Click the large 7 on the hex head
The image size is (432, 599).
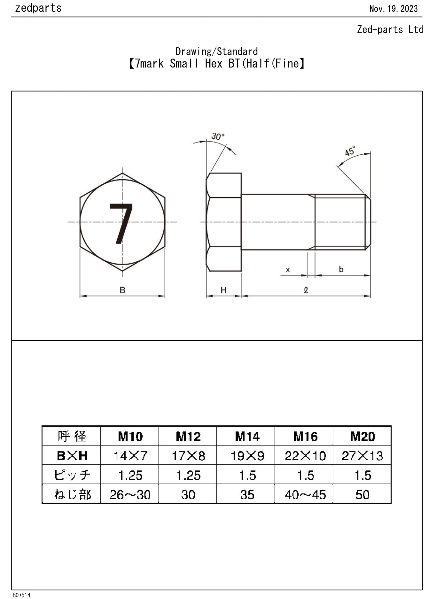coord(121,223)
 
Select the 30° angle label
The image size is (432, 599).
coord(218,137)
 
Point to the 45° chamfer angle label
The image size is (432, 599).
coord(350,151)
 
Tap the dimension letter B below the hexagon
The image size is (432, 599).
coord(122,290)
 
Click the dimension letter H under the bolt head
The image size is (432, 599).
coord(223,290)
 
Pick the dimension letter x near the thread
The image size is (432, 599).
coord(288,270)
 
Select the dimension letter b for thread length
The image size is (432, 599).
coord(341,269)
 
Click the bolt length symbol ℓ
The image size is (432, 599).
coord(306,290)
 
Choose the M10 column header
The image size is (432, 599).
coord(130,436)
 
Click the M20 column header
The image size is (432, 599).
coord(362,436)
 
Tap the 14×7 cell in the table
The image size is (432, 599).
coord(130,456)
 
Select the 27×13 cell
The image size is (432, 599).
coord(362,456)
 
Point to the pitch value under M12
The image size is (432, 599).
coord(188,475)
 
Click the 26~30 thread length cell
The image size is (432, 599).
coord(130,495)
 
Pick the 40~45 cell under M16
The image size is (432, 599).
coord(305,495)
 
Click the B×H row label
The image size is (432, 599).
coord(72,456)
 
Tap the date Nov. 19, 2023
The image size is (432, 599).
coord(393,9)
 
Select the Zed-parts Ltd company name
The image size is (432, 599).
coord(390,30)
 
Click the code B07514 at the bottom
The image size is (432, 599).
coord(22,595)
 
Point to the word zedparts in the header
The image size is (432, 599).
coord(38,8)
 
